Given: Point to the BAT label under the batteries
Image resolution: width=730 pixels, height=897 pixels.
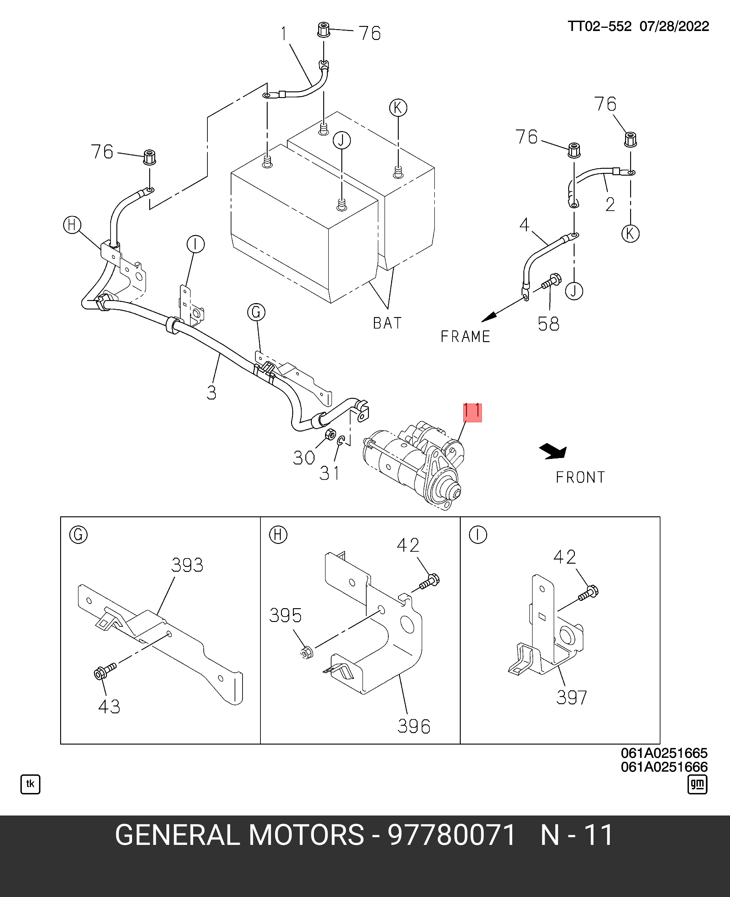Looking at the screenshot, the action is [x=387, y=323].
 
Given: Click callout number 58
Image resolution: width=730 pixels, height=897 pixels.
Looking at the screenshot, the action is [x=548, y=324].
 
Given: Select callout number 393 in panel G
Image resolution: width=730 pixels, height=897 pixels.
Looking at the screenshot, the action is [x=187, y=565].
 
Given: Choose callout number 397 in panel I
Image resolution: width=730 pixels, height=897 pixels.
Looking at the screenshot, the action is [x=571, y=698].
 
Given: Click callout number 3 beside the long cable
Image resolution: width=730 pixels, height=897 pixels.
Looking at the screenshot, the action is [x=211, y=392].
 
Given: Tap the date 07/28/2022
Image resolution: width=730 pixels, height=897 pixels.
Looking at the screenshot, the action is [x=674, y=26].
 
